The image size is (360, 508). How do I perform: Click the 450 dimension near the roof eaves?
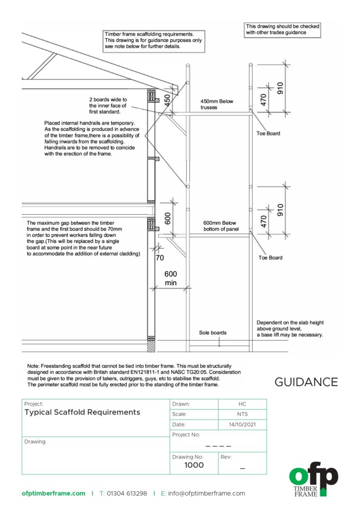click(x=168, y=100)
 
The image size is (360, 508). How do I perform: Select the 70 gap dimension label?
click(x=160, y=258)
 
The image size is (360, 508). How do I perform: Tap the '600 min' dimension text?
click(x=171, y=278)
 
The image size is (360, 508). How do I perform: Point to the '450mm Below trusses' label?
click(x=216, y=104)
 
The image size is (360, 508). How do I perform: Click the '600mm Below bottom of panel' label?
click(x=222, y=226)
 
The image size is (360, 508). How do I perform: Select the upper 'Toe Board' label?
click(x=269, y=133)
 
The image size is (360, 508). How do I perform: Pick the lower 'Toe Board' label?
click(x=270, y=257)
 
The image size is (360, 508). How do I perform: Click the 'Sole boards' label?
click(x=213, y=332)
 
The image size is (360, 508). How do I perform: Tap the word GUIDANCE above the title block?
click(x=306, y=382)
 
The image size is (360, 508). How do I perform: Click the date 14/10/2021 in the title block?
click(x=242, y=425)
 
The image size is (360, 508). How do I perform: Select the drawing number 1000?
click(x=194, y=465)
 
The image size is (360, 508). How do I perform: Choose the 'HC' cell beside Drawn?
click(x=242, y=404)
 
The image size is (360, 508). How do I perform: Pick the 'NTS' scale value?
click(x=242, y=414)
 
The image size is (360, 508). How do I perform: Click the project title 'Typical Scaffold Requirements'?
click(x=82, y=412)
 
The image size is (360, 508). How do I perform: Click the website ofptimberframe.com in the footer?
click(x=54, y=494)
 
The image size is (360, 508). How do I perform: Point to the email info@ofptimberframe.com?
click(x=206, y=494)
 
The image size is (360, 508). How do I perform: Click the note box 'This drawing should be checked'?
click(x=283, y=29)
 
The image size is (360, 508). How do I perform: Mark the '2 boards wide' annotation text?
click(x=108, y=102)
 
